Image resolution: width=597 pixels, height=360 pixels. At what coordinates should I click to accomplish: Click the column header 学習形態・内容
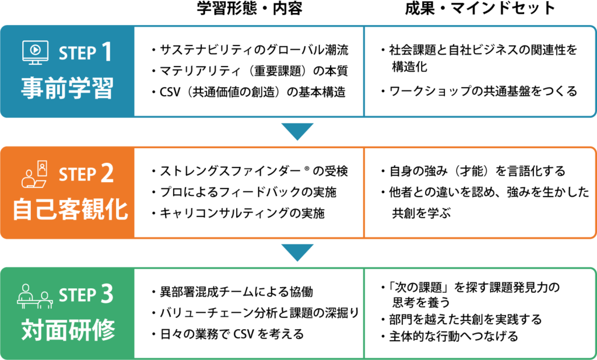250,8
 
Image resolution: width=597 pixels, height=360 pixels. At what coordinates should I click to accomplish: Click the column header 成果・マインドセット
480,8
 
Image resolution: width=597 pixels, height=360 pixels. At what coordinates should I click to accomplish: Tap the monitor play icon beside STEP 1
36,52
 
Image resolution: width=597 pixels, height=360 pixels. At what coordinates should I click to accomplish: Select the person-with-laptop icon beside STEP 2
34,174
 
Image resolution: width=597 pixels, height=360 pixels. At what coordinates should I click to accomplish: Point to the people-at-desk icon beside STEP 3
34,296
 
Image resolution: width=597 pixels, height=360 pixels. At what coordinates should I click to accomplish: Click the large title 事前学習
67,88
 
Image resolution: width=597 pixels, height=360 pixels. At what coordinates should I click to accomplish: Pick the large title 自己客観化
71,209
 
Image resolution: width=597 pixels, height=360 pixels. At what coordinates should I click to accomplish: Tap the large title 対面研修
68,330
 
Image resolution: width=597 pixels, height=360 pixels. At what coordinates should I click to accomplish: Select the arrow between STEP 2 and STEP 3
297,253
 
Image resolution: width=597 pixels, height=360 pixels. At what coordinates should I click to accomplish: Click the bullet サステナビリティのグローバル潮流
250,50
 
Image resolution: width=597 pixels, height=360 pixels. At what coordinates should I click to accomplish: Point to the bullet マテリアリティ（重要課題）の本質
250,71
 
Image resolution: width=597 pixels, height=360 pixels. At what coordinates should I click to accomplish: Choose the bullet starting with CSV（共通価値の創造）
248,92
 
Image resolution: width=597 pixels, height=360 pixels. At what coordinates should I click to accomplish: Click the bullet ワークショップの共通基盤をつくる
479,92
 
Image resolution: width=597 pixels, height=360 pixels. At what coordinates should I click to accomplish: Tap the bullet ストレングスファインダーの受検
250,171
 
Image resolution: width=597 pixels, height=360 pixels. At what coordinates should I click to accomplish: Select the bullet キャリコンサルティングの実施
238,214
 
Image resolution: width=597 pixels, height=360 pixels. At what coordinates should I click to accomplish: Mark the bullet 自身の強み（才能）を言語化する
473,171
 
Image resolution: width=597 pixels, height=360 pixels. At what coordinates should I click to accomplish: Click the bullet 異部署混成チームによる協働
232,292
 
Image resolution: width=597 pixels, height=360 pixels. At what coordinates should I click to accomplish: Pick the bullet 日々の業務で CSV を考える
228,334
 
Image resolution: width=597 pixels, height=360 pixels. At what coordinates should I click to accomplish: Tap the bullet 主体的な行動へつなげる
449,337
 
